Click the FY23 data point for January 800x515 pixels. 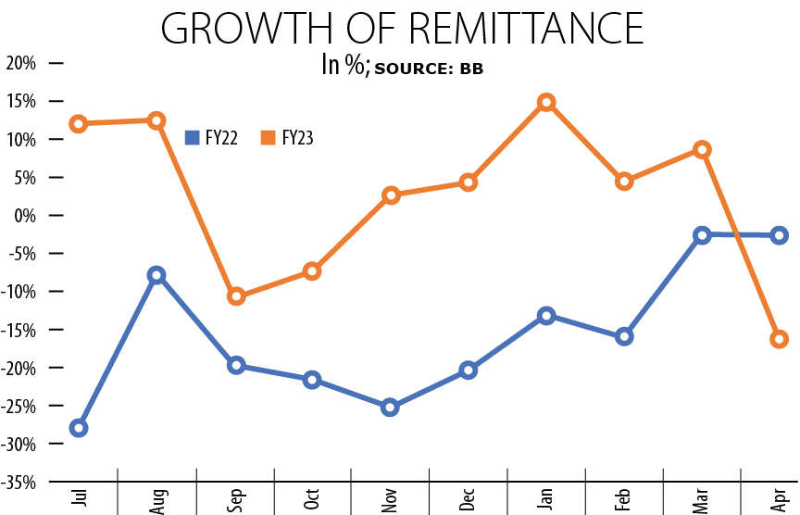click(x=546, y=102)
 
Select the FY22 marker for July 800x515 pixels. click(x=79, y=428)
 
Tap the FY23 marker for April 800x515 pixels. click(x=779, y=339)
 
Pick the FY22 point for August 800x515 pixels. click(x=156, y=275)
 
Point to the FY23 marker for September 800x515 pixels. click(x=235, y=296)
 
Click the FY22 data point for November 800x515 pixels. click(x=390, y=407)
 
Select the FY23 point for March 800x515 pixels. click(x=702, y=149)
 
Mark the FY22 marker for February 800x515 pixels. click(x=624, y=336)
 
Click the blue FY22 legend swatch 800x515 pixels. click(x=193, y=137)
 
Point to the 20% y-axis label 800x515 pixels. click(x=19, y=63)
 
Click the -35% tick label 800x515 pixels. click(x=18, y=483)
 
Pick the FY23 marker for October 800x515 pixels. click(x=312, y=271)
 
